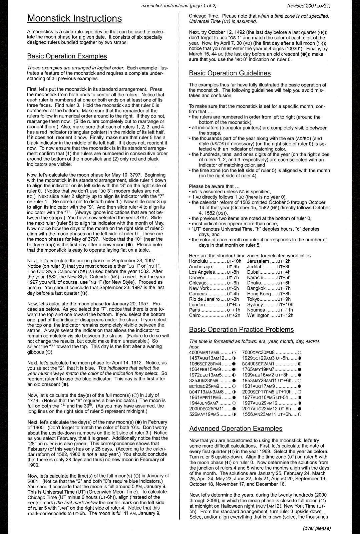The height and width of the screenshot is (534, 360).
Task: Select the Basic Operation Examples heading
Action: click(x=67, y=56)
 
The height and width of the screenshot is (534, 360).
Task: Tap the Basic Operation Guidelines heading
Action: click(x=230, y=73)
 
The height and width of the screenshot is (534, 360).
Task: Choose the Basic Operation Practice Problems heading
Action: click(x=241, y=329)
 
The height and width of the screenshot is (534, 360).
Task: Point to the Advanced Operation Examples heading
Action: click(x=236, y=429)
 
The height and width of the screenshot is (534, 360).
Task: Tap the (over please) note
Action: click(x=317, y=528)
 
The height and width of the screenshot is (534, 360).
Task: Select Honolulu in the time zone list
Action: click(x=198, y=261)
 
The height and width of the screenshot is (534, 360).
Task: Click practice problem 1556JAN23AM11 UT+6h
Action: click(x=268, y=414)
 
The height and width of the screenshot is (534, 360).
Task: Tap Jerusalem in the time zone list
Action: click(x=258, y=261)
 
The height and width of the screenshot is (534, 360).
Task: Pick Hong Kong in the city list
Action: click(x=259, y=294)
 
